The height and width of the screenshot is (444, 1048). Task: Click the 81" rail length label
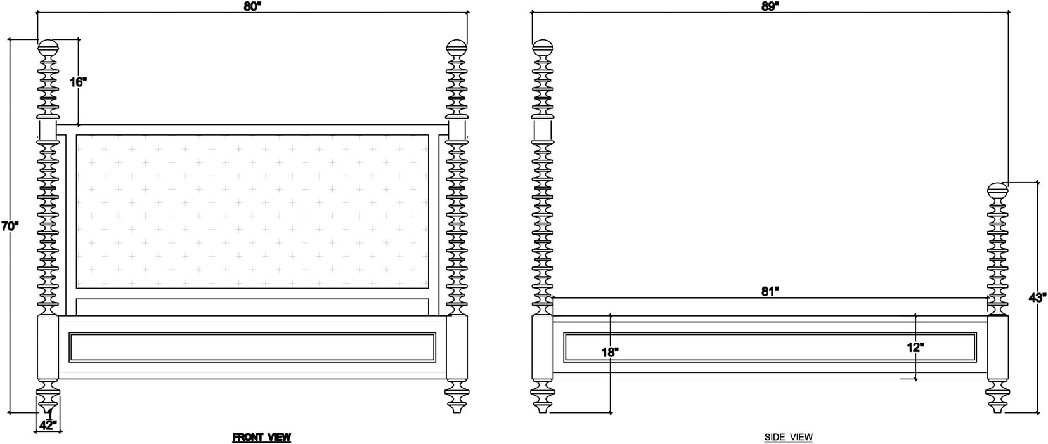tap(769, 291)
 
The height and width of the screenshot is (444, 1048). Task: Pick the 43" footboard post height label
tap(1038, 297)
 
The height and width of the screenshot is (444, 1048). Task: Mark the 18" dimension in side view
tap(610, 351)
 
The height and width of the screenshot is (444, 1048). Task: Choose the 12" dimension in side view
tap(915, 347)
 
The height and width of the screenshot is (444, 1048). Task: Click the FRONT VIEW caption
tap(261, 437)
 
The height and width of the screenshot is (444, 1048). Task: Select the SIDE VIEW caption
tap(788, 437)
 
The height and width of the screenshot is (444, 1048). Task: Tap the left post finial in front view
tap(48, 48)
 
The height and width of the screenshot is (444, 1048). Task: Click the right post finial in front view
tap(456, 48)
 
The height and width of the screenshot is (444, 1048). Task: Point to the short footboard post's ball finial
tap(998, 191)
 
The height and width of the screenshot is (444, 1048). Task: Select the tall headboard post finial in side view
tap(543, 48)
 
